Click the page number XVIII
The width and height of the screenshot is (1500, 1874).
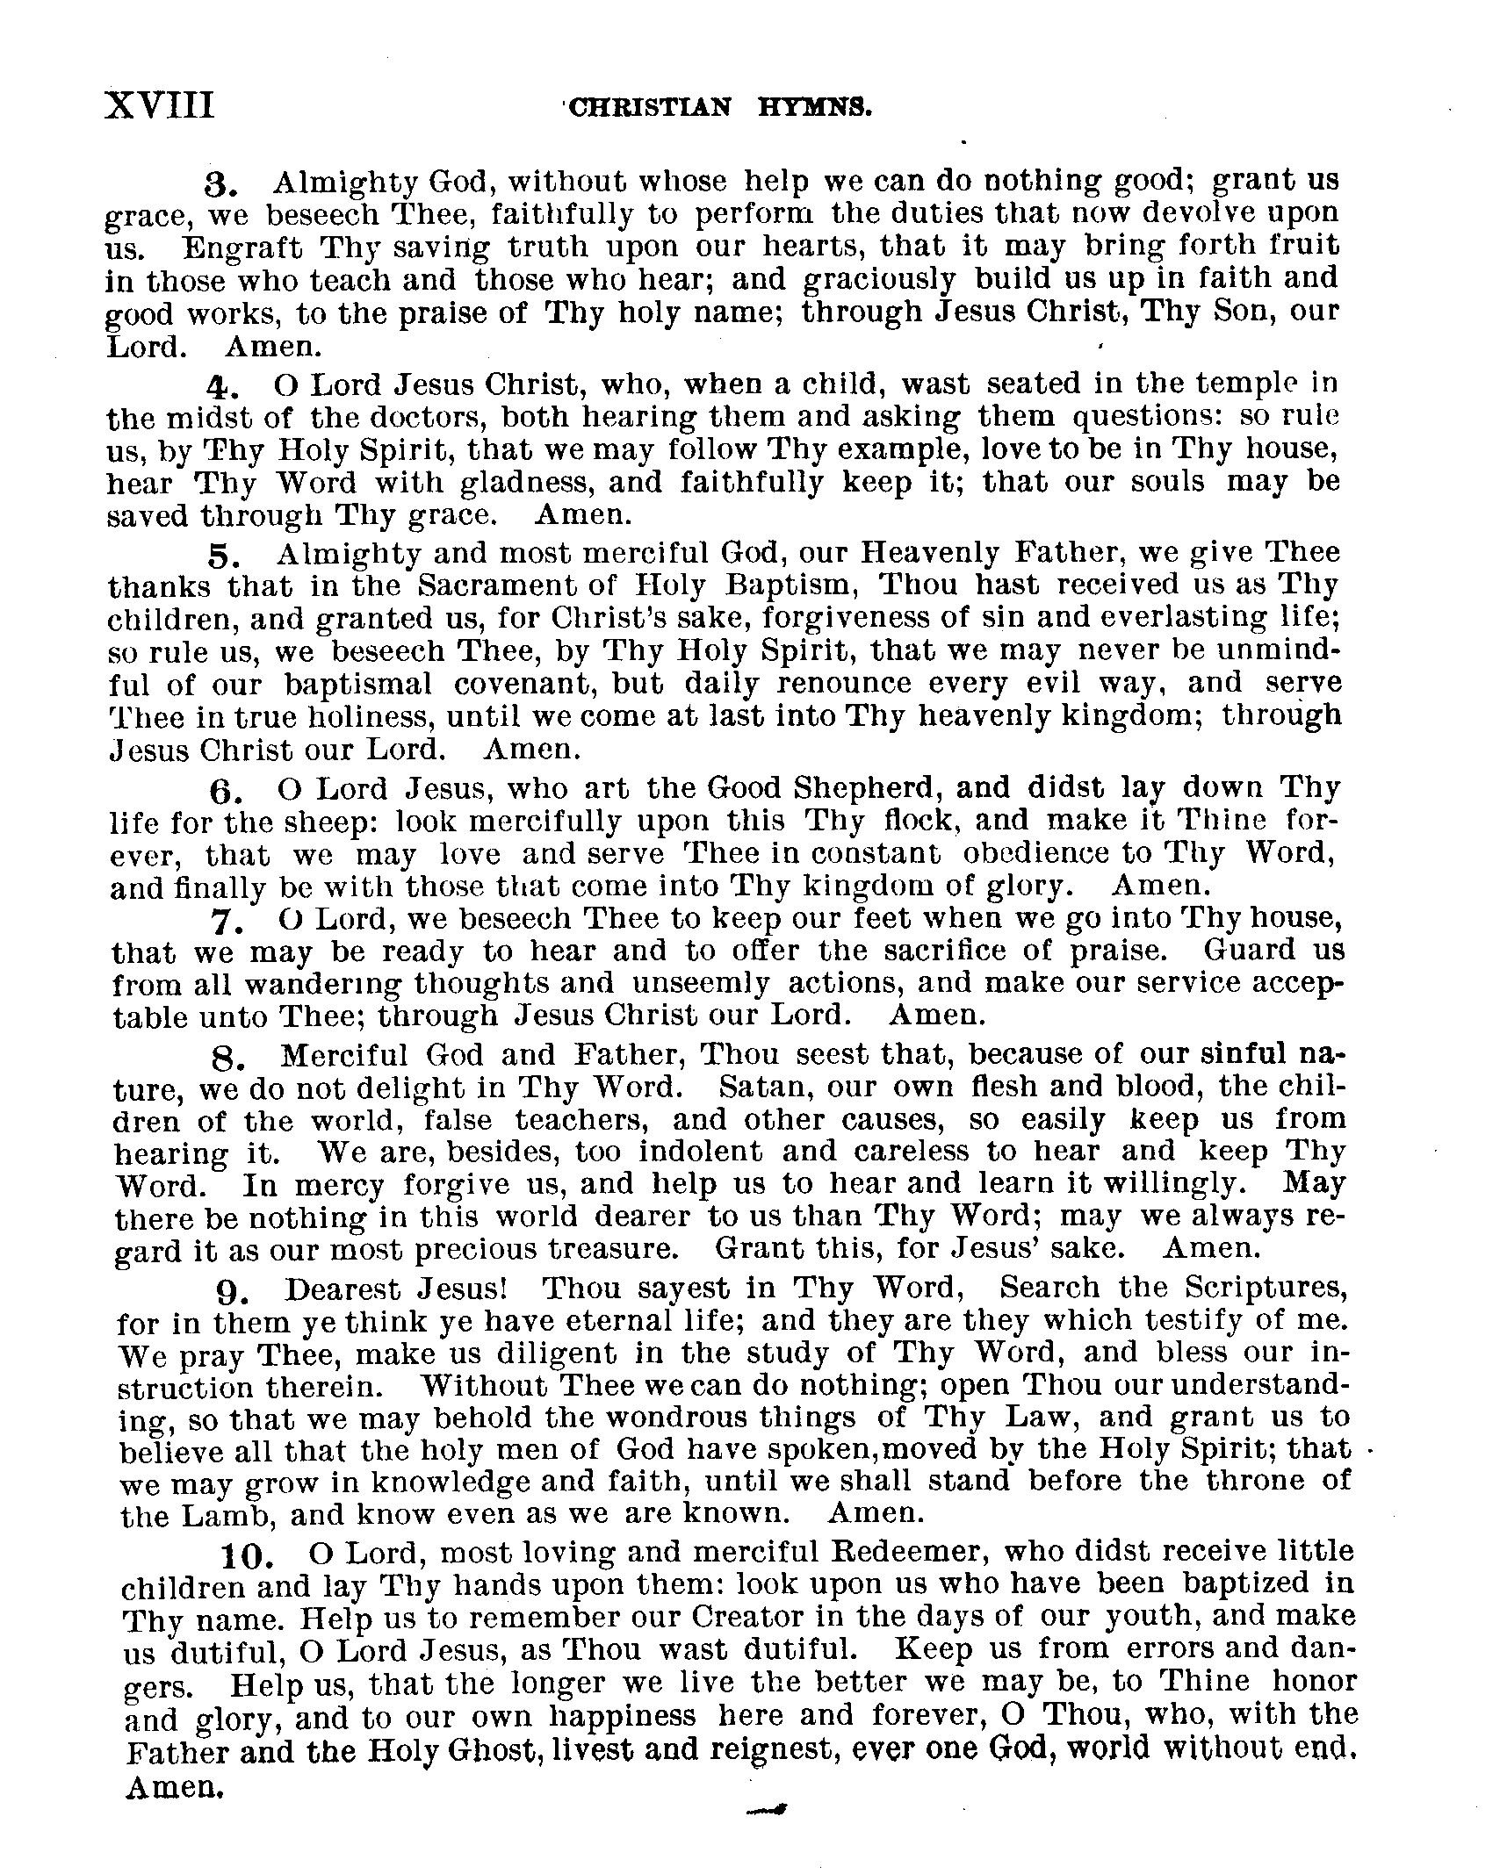[159, 105]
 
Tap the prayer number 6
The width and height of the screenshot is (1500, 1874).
[220, 792]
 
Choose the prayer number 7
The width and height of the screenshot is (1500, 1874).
[223, 923]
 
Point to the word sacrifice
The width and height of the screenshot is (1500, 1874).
[924, 951]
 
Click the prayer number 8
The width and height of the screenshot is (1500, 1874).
[226, 1061]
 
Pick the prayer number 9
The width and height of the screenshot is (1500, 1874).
[227, 1292]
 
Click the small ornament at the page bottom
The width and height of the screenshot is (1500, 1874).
[763, 1809]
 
